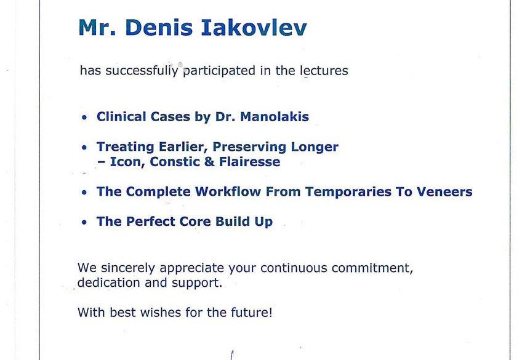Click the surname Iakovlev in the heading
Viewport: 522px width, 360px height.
pyautogui.click(x=254, y=27)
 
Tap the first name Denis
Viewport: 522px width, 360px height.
pyautogui.click(x=159, y=27)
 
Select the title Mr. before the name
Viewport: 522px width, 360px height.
pyautogui.click(x=97, y=27)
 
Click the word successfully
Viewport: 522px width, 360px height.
pyautogui.click(x=142, y=71)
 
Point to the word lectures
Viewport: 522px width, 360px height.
pyautogui.click(x=324, y=71)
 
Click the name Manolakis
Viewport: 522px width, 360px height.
pyautogui.click(x=275, y=117)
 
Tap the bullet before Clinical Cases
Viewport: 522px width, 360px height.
pyautogui.click(x=84, y=118)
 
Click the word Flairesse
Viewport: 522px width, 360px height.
pyautogui.click(x=249, y=162)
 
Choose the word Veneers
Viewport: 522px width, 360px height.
pyautogui.click(x=444, y=191)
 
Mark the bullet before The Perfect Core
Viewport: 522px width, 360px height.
pyautogui.click(x=84, y=222)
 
